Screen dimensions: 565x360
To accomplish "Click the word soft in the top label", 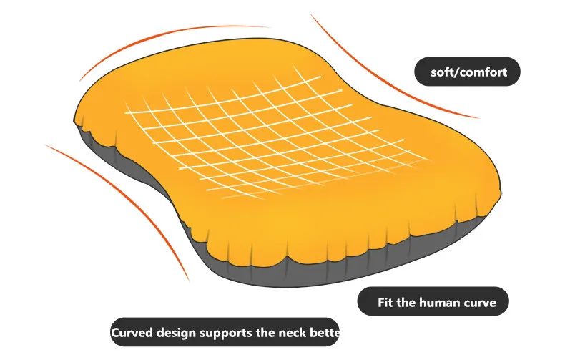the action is tap(442, 72).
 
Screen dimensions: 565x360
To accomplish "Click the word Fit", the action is tap(387, 303).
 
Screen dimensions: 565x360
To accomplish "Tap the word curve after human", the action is tap(482, 303).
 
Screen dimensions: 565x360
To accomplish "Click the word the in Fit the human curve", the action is tap(411, 303).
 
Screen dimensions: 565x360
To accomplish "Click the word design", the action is tap(179, 333).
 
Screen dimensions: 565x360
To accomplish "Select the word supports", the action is tap(230, 333).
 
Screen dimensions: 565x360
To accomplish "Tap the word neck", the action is tap(299, 333).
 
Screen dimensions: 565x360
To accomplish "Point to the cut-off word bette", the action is tap(328, 333).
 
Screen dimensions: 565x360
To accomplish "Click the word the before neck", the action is tap(270, 333).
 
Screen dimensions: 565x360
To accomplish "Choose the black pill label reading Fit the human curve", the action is tap(432, 302).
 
